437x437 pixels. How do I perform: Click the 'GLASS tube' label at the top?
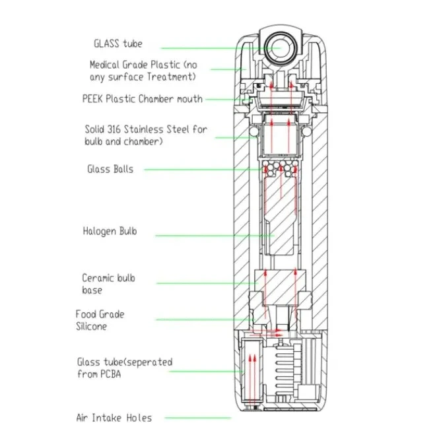(118, 44)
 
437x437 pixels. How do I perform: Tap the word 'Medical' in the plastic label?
(104, 65)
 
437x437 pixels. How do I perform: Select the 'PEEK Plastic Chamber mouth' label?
(143, 99)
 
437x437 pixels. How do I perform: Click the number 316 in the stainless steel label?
(114, 129)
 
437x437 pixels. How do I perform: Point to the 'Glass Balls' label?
(110, 169)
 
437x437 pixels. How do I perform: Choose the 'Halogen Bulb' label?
(110, 231)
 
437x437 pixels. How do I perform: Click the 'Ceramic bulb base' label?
(108, 284)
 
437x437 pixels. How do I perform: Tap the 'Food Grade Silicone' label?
(100, 320)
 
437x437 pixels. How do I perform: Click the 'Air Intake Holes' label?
(114, 418)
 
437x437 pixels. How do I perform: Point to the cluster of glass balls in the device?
(280, 168)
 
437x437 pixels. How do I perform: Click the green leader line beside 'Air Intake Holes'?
(198, 418)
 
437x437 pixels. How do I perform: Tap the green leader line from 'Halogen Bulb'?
(215, 236)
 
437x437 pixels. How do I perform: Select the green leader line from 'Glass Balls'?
(204, 170)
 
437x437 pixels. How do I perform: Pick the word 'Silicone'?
(91, 326)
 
